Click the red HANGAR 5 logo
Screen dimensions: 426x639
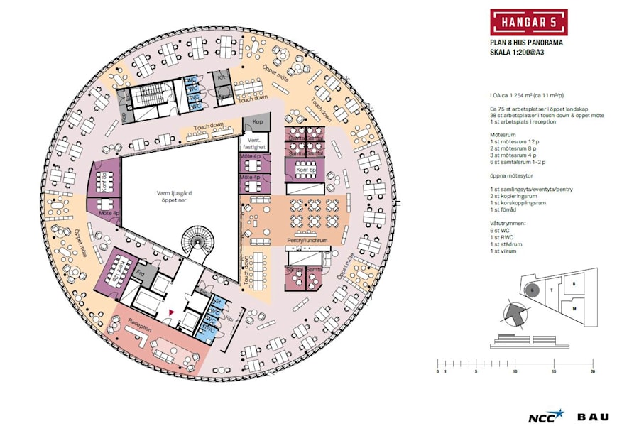(528, 22)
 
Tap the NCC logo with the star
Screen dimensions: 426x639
(545, 417)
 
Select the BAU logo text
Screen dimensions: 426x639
(592, 417)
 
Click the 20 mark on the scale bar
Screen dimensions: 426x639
(592, 371)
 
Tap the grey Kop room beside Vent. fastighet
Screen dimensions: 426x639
(257, 123)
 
